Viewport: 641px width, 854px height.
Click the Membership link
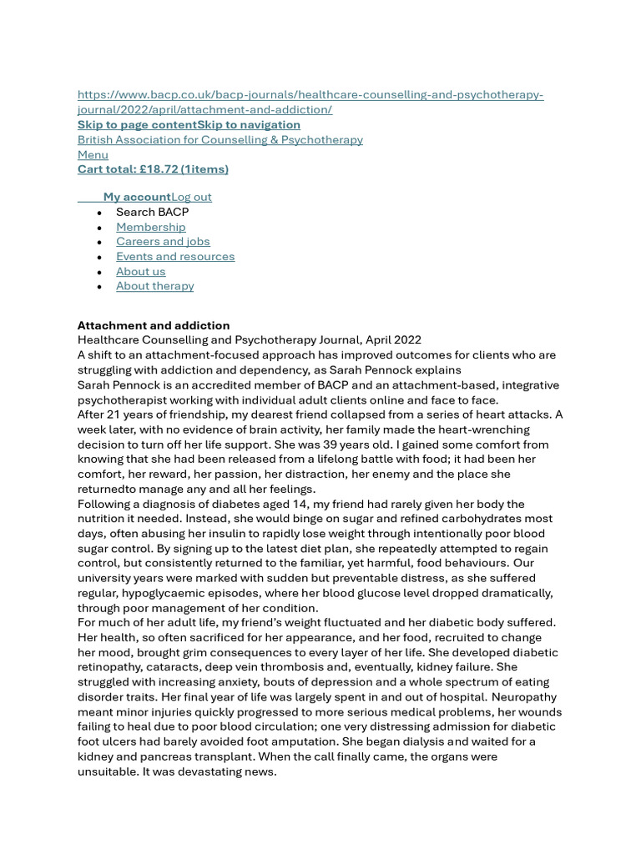[150, 227]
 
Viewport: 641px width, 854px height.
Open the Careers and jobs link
[163, 242]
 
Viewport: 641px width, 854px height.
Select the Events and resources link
[175, 257]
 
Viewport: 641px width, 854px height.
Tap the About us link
[140, 272]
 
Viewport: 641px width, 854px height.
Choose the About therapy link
[154, 286]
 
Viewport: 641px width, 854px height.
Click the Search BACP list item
[152, 212]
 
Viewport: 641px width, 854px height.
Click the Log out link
[191, 197]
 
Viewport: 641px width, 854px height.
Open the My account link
[137, 197]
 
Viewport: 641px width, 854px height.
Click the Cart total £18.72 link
[153, 169]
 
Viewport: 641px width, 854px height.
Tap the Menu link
[93, 154]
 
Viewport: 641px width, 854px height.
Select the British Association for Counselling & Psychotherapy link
[220, 139]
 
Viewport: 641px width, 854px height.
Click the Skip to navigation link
[249, 125]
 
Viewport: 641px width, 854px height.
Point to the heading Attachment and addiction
[154, 325]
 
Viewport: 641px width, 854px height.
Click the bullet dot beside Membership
[99, 228]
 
